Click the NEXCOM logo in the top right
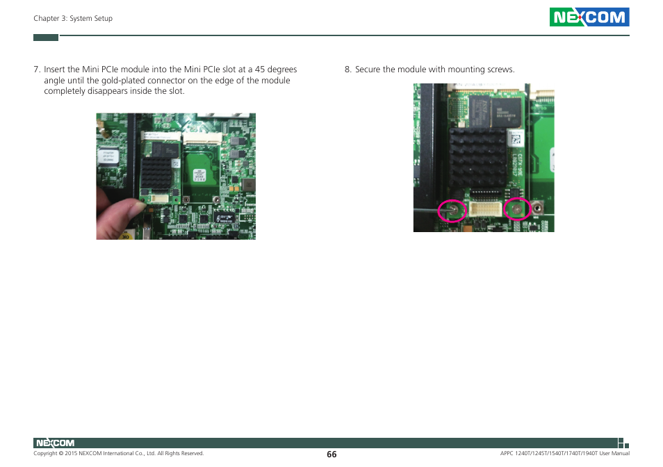tap(589, 17)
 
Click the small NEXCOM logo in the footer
tap(54, 443)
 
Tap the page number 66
tap(331, 454)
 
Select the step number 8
tap(347, 69)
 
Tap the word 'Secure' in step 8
tap(369, 69)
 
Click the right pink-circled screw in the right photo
tap(516, 208)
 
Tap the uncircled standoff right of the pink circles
tap(538, 207)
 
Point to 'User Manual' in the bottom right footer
tap(614, 454)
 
